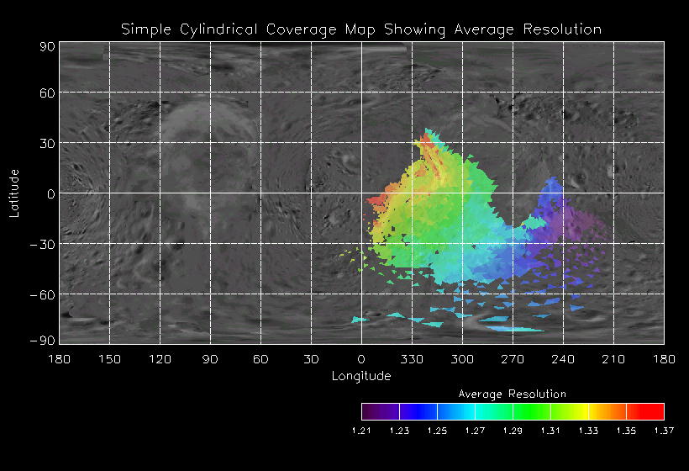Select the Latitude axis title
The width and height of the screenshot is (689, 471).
click(x=14, y=193)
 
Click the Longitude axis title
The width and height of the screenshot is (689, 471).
click(x=361, y=375)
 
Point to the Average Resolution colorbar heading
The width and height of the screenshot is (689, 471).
click(x=513, y=394)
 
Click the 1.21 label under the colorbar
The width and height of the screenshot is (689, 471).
click(x=361, y=431)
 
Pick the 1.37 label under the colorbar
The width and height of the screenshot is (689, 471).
click(x=664, y=431)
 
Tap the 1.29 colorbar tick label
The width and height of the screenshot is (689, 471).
click(x=513, y=431)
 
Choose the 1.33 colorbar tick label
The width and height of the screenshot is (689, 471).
click(x=588, y=431)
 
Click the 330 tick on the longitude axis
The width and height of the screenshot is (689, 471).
click(x=412, y=359)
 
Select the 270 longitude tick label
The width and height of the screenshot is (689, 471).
click(x=513, y=359)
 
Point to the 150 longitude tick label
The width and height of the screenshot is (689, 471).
click(x=109, y=359)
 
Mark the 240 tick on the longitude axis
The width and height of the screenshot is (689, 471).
click(x=563, y=359)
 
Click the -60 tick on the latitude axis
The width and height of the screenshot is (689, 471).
click(x=42, y=294)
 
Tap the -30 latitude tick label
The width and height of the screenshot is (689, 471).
click(x=42, y=244)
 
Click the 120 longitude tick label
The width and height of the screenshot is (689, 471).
click(x=160, y=359)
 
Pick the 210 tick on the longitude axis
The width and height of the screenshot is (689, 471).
click(x=613, y=359)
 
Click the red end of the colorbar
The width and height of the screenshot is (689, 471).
click(x=655, y=411)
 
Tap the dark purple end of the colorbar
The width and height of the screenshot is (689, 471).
click(x=371, y=411)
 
